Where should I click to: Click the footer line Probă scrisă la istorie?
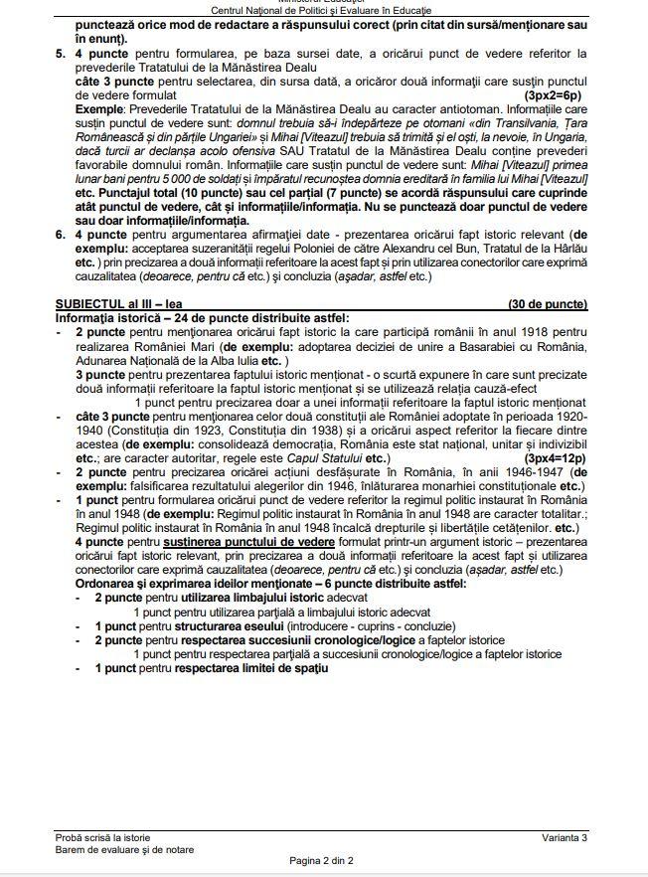110,839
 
